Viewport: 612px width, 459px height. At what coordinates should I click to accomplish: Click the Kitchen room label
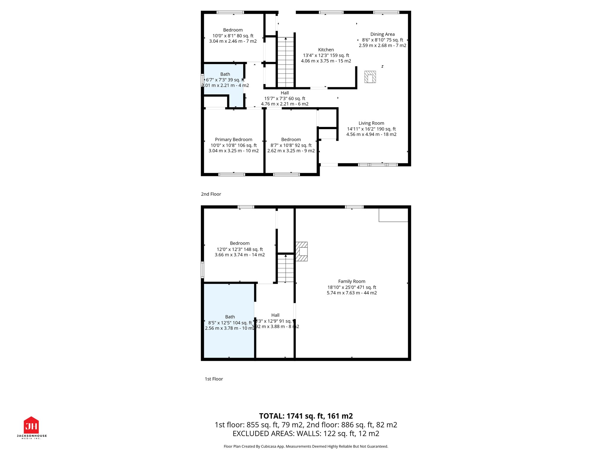pos(326,50)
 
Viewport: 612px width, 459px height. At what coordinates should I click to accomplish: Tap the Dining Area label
pos(382,34)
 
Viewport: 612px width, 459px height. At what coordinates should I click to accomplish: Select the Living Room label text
pos(371,123)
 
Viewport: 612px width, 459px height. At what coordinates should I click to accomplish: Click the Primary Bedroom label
pos(233,140)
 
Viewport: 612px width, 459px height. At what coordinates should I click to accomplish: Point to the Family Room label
pos(351,281)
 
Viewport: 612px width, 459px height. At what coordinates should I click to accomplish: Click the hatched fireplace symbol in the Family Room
pos(302,251)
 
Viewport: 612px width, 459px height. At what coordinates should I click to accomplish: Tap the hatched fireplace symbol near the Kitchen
pos(370,77)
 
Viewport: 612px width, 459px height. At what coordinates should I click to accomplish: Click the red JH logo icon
pos(31,425)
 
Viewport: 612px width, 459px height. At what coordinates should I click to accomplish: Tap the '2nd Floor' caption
pos(211,194)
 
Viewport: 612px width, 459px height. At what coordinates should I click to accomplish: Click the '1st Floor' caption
pos(214,379)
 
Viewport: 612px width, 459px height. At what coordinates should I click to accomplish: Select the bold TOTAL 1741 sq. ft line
pos(306,416)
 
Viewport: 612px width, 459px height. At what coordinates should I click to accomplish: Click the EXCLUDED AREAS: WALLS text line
pos(306,434)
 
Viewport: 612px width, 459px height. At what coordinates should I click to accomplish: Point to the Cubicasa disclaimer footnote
pos(306,446)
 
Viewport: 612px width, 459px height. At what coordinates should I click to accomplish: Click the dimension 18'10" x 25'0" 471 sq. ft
pos(351,287)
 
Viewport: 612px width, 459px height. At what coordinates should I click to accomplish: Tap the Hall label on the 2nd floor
pos(284,93)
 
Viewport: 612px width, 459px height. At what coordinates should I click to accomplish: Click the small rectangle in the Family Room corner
pos(393,215)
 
